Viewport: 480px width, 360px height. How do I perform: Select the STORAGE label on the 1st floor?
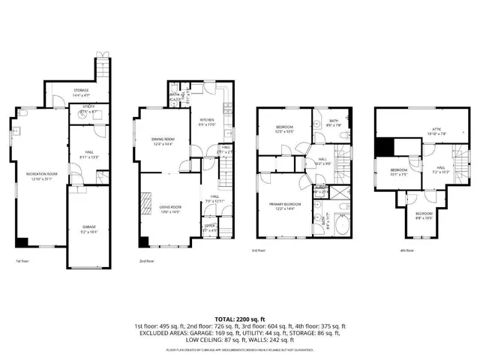point(81,92)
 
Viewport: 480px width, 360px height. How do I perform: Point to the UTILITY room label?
point(88,109)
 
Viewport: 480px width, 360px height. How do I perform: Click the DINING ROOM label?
point(163,141)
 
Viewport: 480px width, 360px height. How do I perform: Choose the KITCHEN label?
point(206,122)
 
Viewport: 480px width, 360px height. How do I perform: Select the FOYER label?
point(211,227)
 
